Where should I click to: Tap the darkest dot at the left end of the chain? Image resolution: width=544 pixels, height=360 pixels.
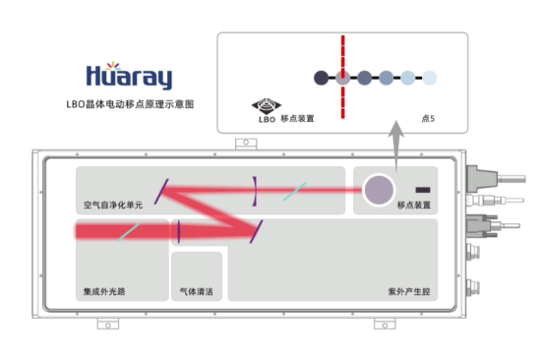[319, 77]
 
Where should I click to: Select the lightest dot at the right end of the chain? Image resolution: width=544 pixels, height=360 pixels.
[429, 77]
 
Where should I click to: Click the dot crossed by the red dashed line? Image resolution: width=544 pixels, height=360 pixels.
[341, 77]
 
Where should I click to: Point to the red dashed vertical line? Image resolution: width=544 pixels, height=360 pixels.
[341, 49]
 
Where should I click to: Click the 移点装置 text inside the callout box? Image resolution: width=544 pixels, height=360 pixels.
[298, 118]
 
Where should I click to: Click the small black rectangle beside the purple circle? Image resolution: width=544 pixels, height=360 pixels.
[423, 188]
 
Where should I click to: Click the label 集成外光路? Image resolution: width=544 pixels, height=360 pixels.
[105, 292]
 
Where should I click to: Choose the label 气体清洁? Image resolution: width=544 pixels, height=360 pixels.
[197, 292]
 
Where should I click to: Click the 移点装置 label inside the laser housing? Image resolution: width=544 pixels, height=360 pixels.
[414, 206]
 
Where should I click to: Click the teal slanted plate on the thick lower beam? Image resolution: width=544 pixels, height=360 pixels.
[124, 233]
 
